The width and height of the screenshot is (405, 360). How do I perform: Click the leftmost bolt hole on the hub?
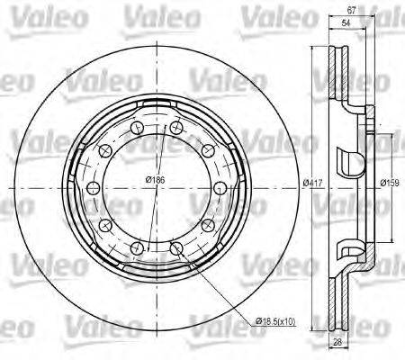point(94,187)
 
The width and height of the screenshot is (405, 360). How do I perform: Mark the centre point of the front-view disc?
point(157,187)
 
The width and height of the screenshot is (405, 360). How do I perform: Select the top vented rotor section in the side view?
point(343,72)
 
